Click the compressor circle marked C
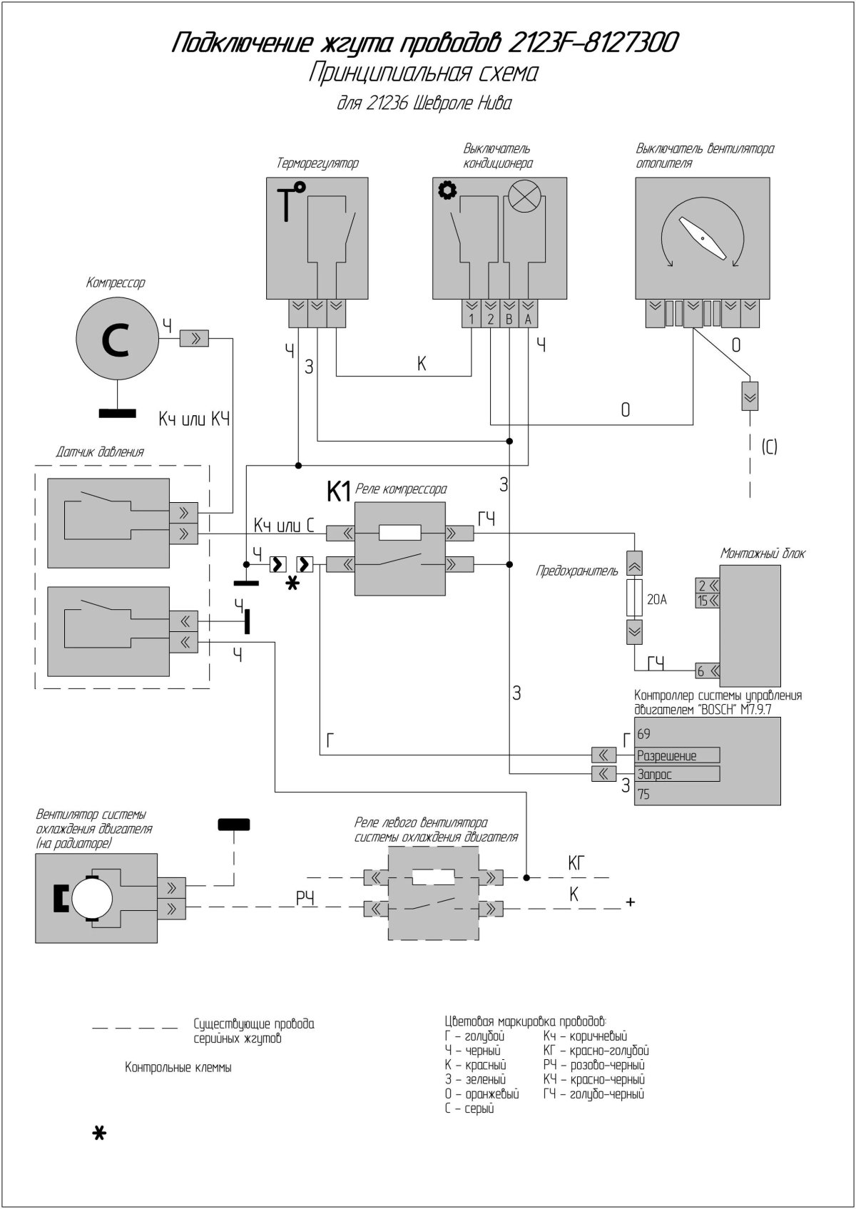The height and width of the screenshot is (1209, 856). (x=116, y=341)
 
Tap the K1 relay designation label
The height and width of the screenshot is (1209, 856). (x=338, y=491)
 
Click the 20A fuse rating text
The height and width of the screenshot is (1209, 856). (x=656, y=600)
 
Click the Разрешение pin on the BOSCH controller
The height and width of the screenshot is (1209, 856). (x=677, y=755)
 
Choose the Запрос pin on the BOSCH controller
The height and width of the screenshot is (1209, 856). (x=677, y=774)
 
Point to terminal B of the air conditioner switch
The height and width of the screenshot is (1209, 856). (x=509, y=319)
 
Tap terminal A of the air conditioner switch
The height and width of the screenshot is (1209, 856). (x=528, y=319)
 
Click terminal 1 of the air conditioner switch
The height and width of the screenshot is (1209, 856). (x=472, y=319)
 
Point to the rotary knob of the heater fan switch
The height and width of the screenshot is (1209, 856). (x=703, y=238)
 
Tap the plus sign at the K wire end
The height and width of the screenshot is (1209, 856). (x=630, y=902)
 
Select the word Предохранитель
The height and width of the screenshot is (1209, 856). (x=577, y=571)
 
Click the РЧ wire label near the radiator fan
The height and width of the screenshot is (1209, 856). (x=306, y=898)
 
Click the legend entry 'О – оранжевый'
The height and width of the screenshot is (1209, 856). (x=481, y=1093)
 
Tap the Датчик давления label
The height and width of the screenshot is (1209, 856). (x=100, y=452)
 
